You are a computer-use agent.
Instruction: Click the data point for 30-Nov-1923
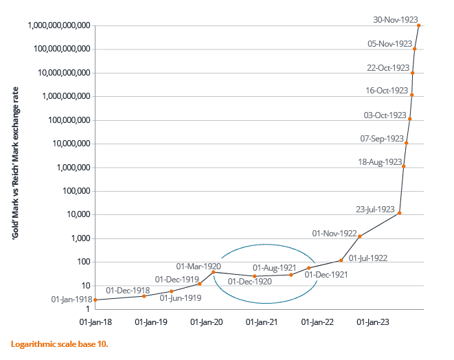pos(419,25)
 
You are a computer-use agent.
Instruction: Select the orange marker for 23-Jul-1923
pos(400,213)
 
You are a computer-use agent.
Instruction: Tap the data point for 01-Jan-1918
pos(95,300)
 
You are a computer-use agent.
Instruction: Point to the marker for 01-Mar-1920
pos(213,272)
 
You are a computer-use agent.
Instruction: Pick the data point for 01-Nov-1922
pos(360,236)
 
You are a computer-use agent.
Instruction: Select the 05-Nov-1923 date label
pos(389,44)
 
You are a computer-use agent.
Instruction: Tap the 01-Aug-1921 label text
pos(275,268)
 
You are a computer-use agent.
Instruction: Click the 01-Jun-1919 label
pos(181,297)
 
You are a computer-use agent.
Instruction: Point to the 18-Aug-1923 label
pos(380,162)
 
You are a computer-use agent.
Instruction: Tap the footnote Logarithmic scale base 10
pos(59,343)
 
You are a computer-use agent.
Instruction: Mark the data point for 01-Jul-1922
pos(341,260)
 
